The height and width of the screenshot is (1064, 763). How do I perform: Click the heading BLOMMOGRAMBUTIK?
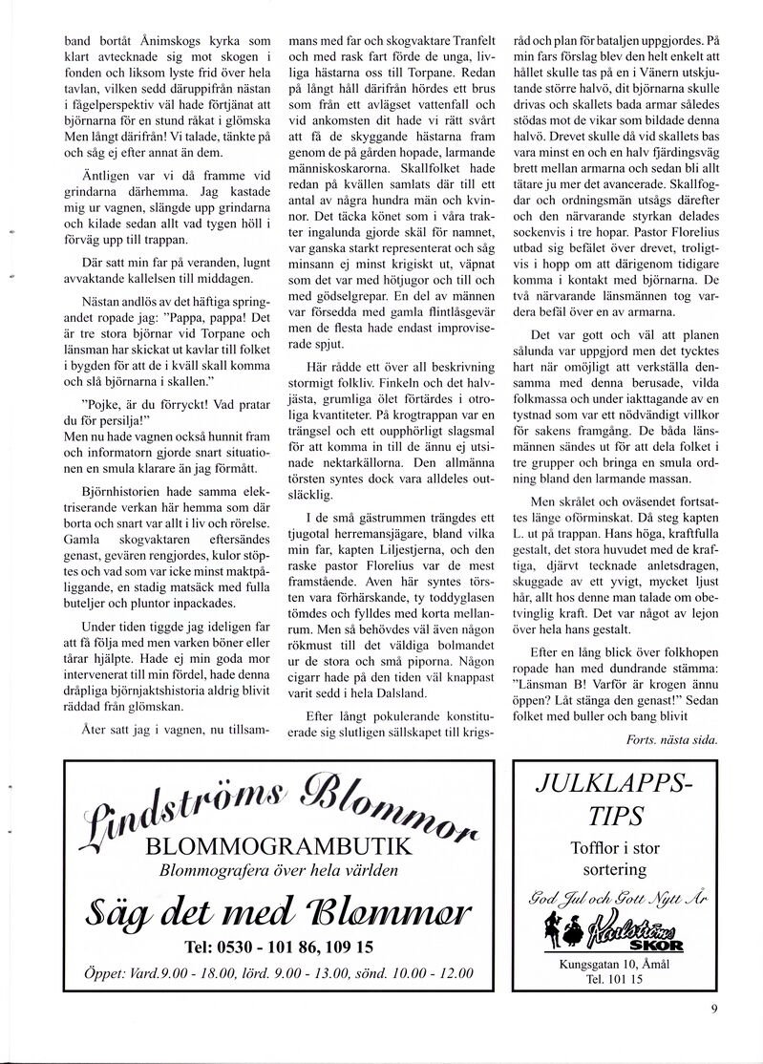click(x=279, y=846)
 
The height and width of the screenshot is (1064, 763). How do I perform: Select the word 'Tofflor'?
click(x=594, y=848)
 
